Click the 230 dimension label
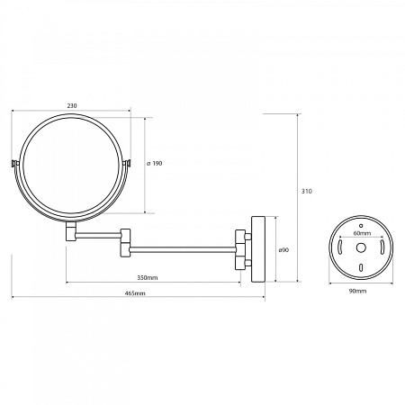click(x=72, y=106)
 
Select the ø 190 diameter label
click(x=155, y=164)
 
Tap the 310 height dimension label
click(x=307, y=191)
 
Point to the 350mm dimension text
click(x=148, y=278)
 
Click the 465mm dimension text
click(x=135, y=293)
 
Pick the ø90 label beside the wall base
click(x=283, y=250)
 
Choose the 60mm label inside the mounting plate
click(x=362, y=233)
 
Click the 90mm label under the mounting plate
click(x=357, y=291)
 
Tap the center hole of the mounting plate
click(x=361, y=247)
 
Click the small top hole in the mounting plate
click(x=361, y=226)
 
